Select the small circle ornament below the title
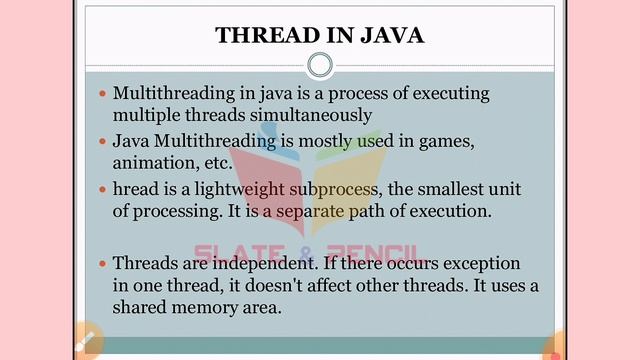tap(319, 66)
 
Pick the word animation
tap(149, 162)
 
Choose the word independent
tap(253, 263)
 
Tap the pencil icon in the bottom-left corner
tap(85, 341)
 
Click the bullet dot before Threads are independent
tap(102, 264)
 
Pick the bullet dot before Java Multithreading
tap(102, 142)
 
